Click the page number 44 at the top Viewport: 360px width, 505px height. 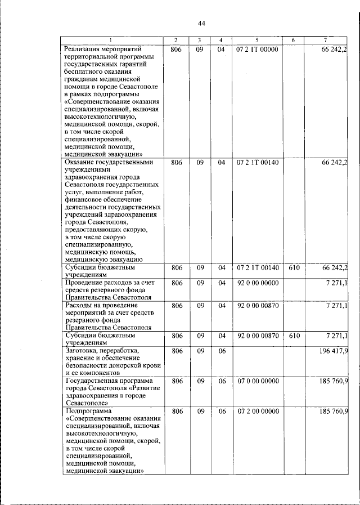tap(202, 23)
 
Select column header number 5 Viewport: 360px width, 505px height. tap(256, 40)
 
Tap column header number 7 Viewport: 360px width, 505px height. tap(326, 40)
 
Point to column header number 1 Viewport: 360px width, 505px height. tap(110, 40)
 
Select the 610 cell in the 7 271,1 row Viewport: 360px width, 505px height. tap(294, 336)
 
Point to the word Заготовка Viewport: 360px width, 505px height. tap(83, 351)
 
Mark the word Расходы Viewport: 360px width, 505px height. tap(79, 305)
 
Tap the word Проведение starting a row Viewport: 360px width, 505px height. tap(85, 281)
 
